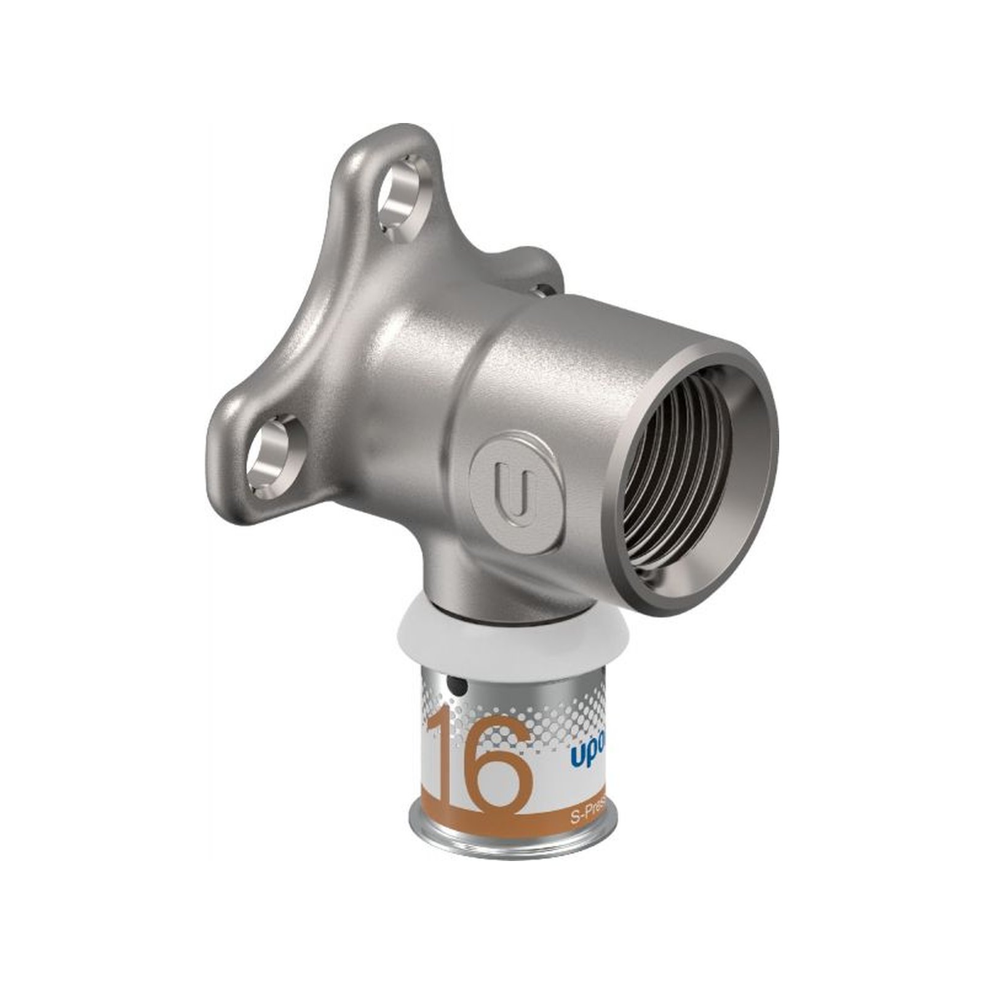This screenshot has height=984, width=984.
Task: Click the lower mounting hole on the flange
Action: (271, 456)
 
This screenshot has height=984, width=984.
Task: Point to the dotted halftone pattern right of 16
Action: (553, 713)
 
